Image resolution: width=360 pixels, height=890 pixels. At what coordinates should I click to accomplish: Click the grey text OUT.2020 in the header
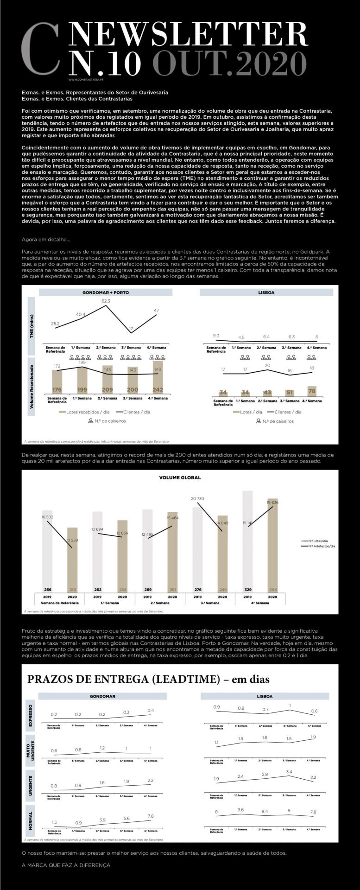[229, 63]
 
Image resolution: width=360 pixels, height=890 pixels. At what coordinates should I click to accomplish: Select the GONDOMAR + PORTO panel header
[106, 292]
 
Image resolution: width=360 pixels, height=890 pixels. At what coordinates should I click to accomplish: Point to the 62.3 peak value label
[106, 301]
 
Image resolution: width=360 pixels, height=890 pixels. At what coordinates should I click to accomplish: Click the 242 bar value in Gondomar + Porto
[158, 389]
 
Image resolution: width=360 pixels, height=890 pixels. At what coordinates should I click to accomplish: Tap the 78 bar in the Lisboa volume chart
[312, 391]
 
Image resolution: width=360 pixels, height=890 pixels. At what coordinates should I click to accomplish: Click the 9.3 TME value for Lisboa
[216, 335]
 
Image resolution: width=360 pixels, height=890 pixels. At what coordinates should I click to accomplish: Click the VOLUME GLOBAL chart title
[180, 477]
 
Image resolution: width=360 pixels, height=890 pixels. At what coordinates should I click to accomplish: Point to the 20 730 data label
[197, 498]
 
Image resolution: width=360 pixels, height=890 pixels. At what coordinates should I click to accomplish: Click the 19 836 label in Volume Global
[272, 502]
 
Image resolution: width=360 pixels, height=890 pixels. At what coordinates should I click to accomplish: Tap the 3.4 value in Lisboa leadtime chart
[289, 771]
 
